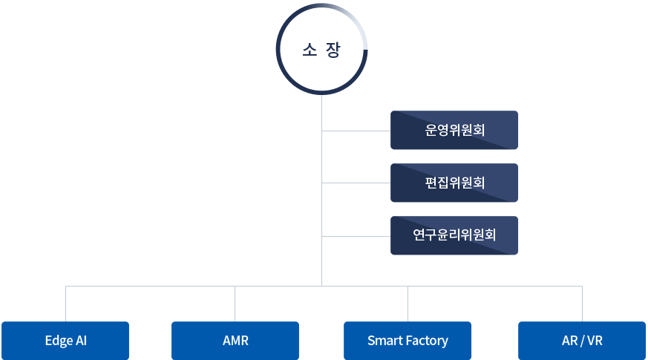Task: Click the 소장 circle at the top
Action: pos(322,50)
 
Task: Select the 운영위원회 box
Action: pos(454,131)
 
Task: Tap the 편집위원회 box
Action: pos(454,183)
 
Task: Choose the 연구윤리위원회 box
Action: pos(454,235)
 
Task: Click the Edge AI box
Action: pos(65,341)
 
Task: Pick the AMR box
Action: pos(235,341)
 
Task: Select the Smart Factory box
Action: pos(408,341)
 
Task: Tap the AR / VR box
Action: pos(582,341)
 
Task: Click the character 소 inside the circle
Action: pos(310,50)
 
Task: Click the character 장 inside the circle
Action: pos(334,50)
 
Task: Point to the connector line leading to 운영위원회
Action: pos(356,131)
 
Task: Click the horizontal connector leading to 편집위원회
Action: pos(356,183)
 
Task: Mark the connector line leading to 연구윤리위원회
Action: pos(356,237)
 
